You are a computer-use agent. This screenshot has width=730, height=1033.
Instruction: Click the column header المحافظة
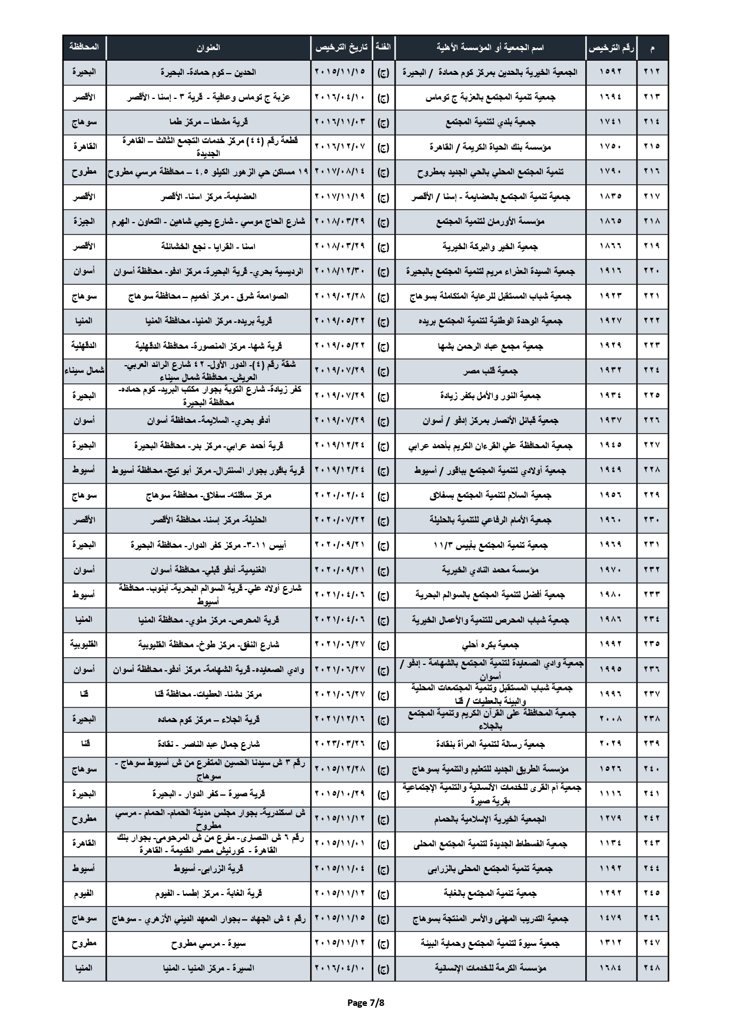coord(84,47)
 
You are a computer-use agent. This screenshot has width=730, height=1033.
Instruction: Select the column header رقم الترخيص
coord(611,47)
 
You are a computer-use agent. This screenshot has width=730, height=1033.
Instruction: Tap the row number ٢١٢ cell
coord(652,72)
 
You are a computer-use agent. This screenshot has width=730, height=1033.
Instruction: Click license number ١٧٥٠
coord(610,147)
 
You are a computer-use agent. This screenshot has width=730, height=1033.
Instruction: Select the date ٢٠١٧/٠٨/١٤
coord(341,172)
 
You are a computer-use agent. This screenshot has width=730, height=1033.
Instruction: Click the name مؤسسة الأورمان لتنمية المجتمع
coord(490,221)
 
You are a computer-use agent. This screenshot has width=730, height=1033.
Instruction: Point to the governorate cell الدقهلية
coord(84,346)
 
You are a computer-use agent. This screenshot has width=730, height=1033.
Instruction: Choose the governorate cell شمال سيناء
coord(84,370)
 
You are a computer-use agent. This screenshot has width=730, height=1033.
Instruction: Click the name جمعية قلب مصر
coord(490,371)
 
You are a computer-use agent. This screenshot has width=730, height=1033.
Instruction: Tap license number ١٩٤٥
coord(610,445)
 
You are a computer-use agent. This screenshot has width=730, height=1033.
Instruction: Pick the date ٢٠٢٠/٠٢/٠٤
coord(341,495)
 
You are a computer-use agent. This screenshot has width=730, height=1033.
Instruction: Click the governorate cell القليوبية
coord(84,644)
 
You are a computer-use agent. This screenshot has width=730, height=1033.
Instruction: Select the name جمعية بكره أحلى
coord(490,645)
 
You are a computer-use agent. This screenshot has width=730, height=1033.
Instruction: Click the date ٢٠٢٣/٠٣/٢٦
coord(341,744)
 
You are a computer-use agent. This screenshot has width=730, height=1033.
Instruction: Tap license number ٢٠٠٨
coord(610,719)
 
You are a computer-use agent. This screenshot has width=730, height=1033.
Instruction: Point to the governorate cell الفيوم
coord(84,893)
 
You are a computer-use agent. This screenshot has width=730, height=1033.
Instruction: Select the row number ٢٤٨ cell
coord(652,968)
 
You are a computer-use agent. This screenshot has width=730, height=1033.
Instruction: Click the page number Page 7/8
coord(365,1002)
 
